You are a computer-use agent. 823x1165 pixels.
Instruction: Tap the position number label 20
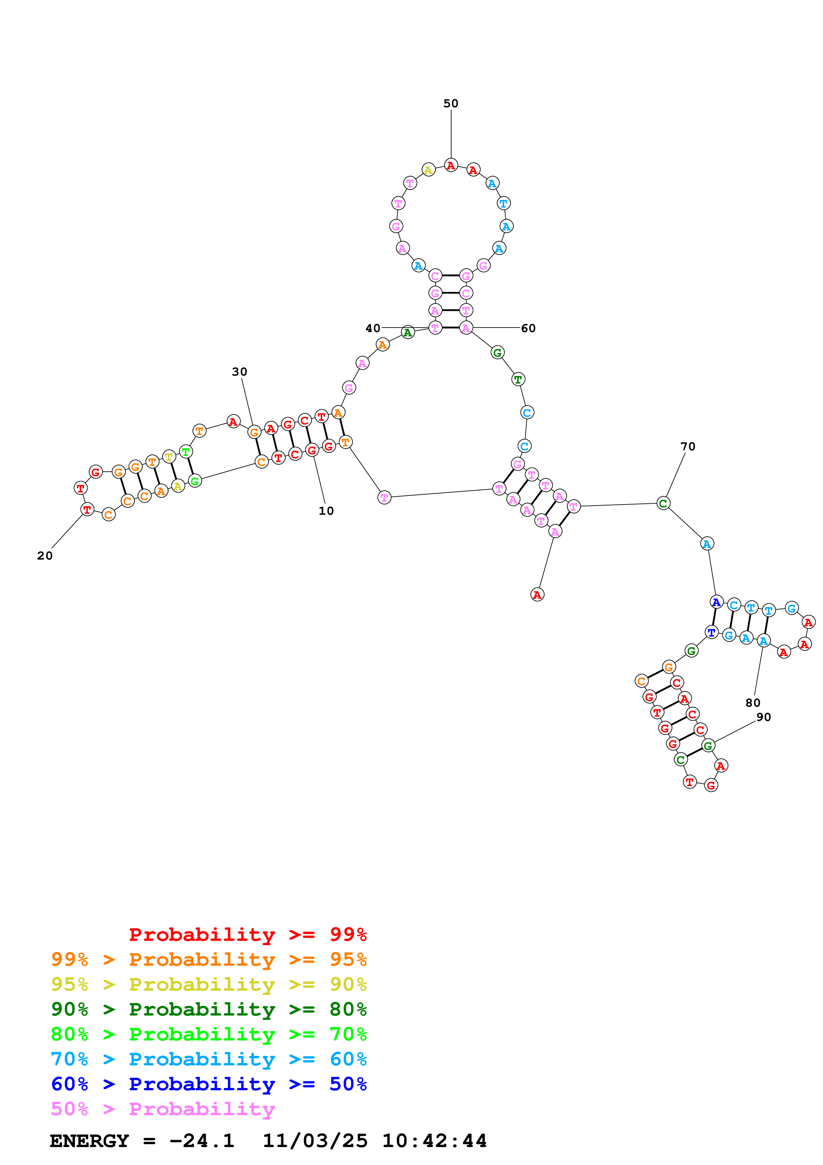(44, 556)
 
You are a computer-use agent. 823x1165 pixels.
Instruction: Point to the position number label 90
(763, 717)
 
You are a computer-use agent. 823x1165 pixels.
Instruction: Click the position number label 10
(326, 511)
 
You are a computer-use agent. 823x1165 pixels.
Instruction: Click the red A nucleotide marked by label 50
(451, 165)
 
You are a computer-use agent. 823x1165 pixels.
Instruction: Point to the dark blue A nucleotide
(716, 602)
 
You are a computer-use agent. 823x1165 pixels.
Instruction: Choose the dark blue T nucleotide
(711, 632)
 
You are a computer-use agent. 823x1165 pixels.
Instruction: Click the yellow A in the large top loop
(429, 170)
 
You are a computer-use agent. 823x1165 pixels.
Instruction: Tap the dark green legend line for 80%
(209, 1009)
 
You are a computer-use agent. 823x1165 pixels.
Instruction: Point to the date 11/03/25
(314, 1141)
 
